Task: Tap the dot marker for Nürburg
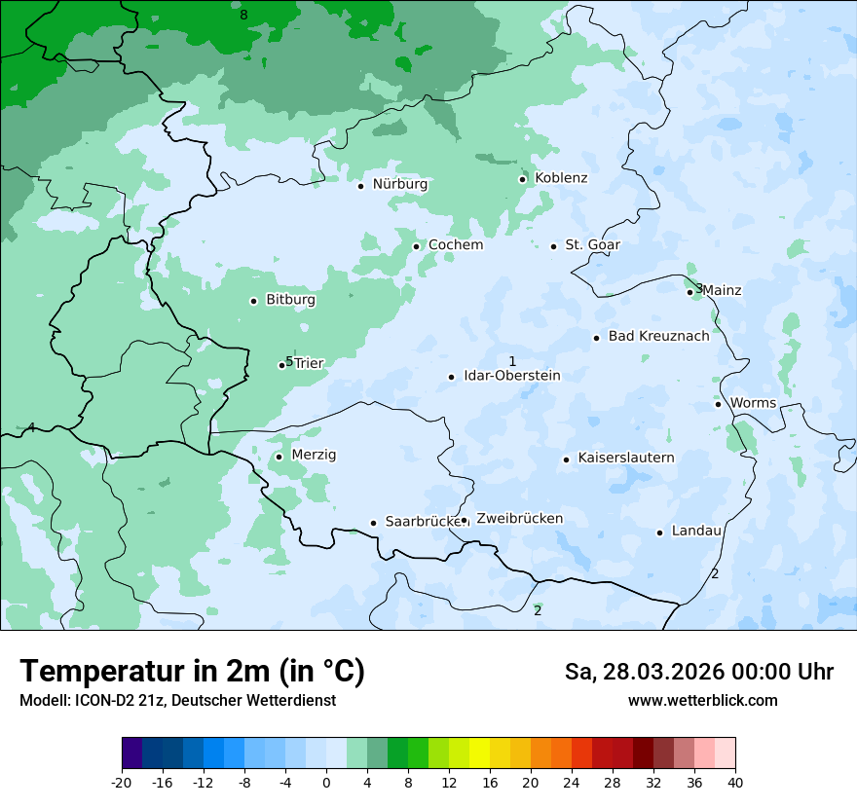point(360,186)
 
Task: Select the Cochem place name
point(456,245)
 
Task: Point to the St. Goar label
point(592,245)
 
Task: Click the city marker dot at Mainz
point(690,292)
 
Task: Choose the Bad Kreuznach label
point(658,337)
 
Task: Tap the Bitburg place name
point(290,300)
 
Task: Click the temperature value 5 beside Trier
point(289,361)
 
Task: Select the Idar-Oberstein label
point(511,376)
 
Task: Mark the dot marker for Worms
point(719,404)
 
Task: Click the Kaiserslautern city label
point(625,458)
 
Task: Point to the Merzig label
point(314,455)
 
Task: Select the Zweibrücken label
point(519,519)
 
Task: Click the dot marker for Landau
point(660,533)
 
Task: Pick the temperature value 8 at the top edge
point(243,15)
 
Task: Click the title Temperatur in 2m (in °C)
point(192,672)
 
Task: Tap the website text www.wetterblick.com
point(702,701)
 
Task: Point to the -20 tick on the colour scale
point(122,783)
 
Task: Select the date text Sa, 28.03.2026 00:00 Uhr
point(698,673)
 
